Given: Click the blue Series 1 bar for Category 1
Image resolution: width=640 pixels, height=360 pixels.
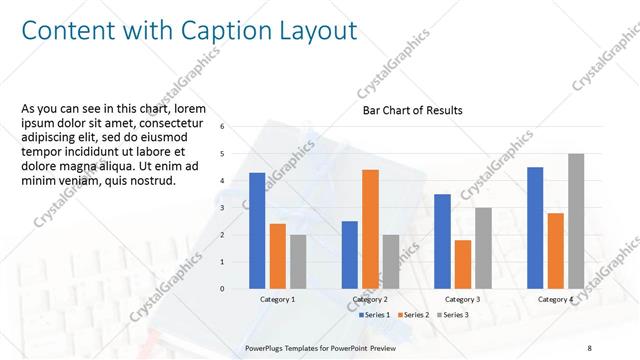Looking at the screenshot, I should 257,231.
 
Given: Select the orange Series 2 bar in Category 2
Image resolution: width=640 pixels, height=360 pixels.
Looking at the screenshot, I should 370,229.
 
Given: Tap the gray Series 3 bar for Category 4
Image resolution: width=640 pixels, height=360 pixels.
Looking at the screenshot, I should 575,221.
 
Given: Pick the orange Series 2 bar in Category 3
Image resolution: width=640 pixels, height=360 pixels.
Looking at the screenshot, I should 462,264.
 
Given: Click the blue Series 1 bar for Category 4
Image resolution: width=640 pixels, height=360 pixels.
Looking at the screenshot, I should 535,228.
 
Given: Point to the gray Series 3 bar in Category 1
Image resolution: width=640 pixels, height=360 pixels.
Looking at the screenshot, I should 298,262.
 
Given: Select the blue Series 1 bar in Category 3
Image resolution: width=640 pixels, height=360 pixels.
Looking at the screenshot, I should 442,241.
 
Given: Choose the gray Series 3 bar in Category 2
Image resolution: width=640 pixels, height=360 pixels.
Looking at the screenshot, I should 390,262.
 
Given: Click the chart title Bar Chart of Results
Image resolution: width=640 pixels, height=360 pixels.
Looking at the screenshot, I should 412,111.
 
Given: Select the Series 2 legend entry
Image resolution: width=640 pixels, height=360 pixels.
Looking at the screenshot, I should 416,315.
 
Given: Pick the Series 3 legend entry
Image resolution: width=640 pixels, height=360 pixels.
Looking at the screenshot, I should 456,315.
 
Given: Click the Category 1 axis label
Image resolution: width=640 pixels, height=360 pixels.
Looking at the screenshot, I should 277,300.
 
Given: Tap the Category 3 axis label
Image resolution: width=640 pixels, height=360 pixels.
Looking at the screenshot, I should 462,300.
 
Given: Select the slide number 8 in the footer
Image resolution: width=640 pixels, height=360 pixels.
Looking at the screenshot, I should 590,348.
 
